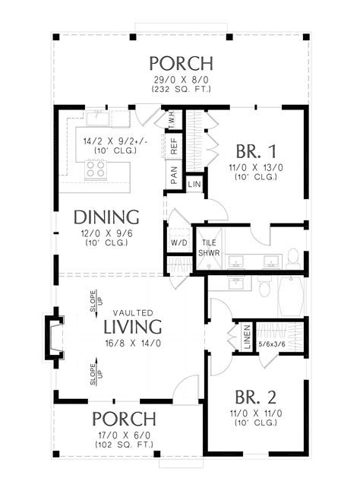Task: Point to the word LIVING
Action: click(134, 327)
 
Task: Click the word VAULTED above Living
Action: click(134, 312)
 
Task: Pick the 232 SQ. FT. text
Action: click(180, 89)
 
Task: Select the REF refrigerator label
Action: click(174, 141)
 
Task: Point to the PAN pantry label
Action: click(174, 176)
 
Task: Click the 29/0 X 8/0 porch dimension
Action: click(180, 79)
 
